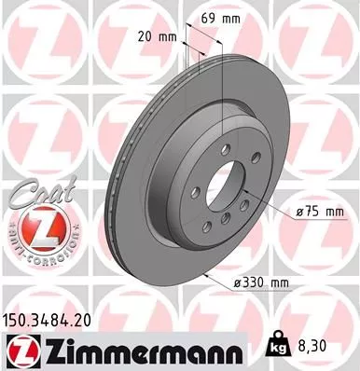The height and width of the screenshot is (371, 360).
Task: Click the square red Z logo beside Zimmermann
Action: pyautogui.click(x=20, y=350)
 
